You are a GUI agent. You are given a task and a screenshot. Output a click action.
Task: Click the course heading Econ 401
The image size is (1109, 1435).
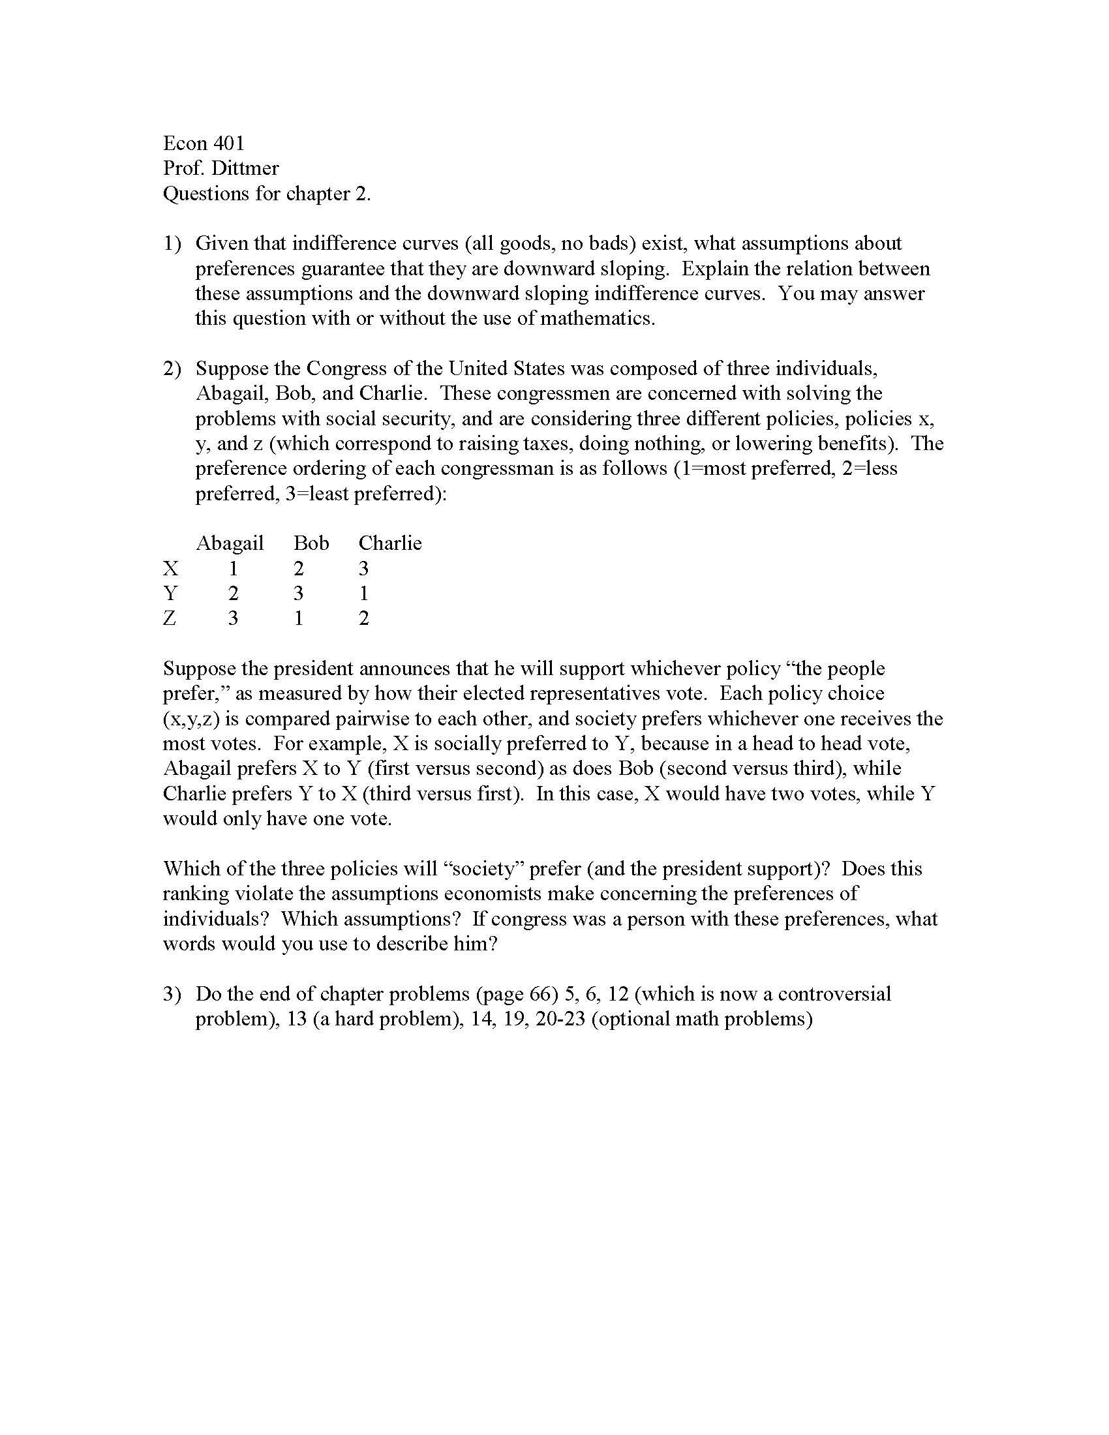click(204, 143)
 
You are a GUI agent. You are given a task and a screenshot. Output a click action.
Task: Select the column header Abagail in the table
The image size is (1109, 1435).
click(230, 543)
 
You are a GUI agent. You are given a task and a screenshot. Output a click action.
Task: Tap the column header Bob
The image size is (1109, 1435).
click(311, 543)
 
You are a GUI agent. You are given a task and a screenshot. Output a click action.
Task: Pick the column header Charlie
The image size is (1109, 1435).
click(389, 543)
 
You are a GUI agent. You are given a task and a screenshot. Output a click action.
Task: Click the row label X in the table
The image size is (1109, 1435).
click(170, 568)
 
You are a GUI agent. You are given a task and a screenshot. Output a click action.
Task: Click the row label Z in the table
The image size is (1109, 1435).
click(170, 618)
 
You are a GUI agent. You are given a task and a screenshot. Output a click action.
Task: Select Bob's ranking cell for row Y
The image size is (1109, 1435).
click(298, 594)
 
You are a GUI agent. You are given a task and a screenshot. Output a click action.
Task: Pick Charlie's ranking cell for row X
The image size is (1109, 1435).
click(363, 568)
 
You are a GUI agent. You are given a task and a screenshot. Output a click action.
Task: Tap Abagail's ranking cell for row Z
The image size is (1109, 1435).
click(233, 618)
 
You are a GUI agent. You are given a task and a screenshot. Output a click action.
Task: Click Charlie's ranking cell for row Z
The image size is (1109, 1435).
click(363, 618)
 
